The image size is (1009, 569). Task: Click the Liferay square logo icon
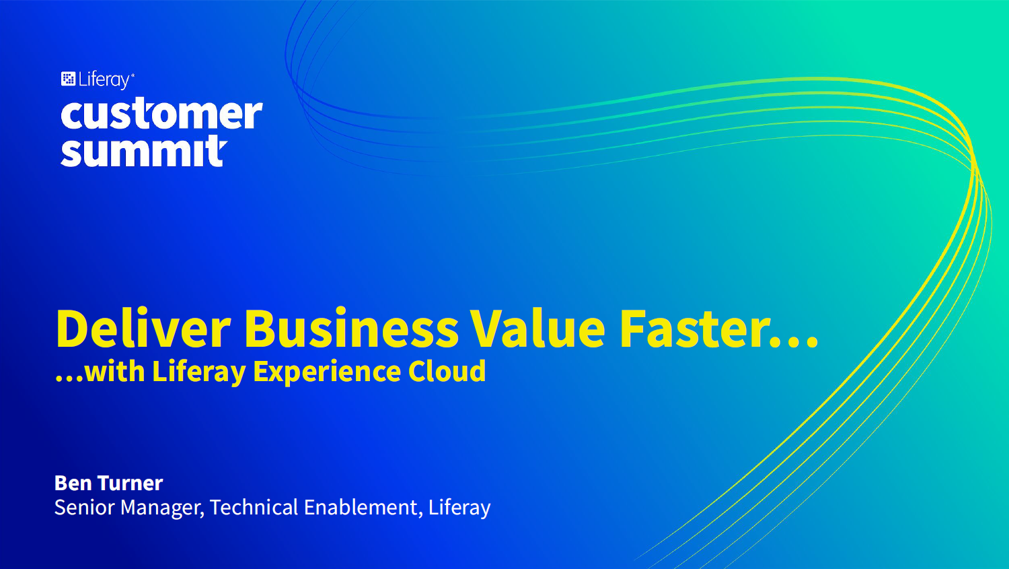point(68,79)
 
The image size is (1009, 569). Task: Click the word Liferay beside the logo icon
point(104,80)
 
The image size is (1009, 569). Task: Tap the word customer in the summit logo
point(161,114)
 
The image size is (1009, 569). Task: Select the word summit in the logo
point(144,151)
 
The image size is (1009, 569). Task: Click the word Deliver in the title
point(143,329)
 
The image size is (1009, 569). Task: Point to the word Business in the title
point(351,329)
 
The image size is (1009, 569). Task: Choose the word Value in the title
point(538,329)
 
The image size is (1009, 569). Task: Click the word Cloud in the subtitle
point(447,371)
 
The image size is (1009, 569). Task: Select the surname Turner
point(130,483)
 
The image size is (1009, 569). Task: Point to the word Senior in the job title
point(84,507)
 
